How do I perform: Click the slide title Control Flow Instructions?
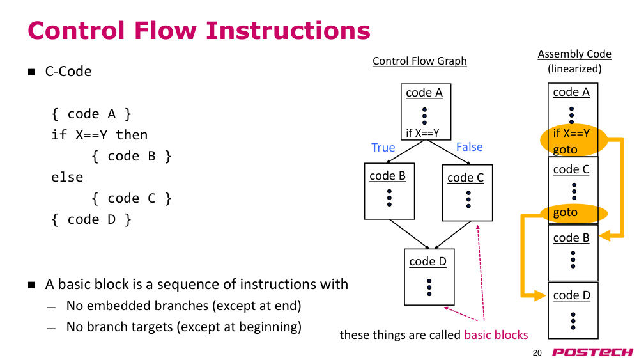(x=199, y=31)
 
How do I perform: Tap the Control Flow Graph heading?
(x=420, y=61)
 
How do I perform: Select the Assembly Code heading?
(x=574, y=54)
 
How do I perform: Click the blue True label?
(x=383, y=147)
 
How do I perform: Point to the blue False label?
(x=470, y=147)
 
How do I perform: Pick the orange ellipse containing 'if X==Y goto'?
(x=574, y=140)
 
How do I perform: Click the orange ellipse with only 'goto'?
(x=574, y=213)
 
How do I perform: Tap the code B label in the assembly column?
(x=571, y=238)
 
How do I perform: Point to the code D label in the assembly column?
(x=572, y=295)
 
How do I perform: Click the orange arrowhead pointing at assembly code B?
(x=604, y=235)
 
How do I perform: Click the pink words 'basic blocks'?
(x=496, y=334)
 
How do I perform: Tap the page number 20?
(x=537, y=353)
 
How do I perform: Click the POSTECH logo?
(x=592, y=352)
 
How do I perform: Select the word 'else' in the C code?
(x=67, y=177)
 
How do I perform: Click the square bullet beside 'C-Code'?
(x=31, y=72)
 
